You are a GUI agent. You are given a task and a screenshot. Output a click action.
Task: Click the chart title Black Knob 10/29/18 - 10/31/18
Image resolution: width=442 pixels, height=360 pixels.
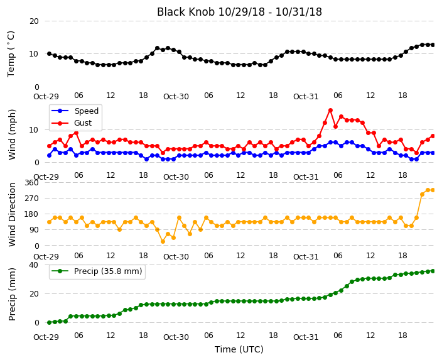pyautogui.click(x=239, y=12)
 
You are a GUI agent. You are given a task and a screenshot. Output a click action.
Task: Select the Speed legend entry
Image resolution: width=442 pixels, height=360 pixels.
pyautogui.click(x=75, y=111)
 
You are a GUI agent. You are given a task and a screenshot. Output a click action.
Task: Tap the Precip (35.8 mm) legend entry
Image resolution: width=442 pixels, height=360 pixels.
pyautogui.click(x=97, y=271)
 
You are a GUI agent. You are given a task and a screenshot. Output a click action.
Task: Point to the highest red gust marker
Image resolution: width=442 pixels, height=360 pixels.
pyautogui.click(x=330, y=111)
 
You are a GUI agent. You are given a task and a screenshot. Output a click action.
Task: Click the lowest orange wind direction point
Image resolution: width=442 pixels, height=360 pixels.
pyautogui.click(x=163, y=241)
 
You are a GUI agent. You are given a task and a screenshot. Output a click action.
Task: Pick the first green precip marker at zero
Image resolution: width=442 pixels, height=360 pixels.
pyautogui.click(x=50, y=322)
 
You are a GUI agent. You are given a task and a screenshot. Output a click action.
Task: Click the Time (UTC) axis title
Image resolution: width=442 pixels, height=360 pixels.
pyautogui.click(x=239, y=349)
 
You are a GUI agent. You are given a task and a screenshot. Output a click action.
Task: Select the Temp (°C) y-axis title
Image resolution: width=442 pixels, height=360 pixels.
pyautogui.click(x=11, y=54)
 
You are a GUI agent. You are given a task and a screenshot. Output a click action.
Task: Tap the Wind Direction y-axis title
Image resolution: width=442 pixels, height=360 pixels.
pyautogui.click(x=12, y=215)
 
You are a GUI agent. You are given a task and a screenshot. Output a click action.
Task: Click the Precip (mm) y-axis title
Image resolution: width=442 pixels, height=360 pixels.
pyautogui.click(x=12, y=294)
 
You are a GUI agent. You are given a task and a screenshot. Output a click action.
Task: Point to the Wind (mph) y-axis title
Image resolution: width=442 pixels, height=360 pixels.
pyautogui.click(x=12, y=134)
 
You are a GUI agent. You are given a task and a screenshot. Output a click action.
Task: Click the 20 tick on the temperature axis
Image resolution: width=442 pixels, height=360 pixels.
pyautogui.click(x=34, y=21)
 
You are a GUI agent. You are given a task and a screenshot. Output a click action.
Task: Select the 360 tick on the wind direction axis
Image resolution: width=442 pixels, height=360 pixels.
pyautogui.click(x=31, y=183)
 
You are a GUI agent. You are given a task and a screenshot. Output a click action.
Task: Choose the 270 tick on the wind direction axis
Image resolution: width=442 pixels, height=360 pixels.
pyautogui.click(x=31, y=199)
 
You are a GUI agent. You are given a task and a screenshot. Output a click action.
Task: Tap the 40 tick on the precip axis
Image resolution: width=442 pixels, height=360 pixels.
pyautogui.click(x=34, y=265)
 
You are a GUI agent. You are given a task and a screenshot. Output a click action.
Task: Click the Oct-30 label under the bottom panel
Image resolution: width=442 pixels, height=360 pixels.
pyautogui.click(x=176, y=337)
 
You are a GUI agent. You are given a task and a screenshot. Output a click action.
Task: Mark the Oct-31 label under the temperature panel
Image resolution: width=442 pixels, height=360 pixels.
pyautogui.click(x=306, y=97)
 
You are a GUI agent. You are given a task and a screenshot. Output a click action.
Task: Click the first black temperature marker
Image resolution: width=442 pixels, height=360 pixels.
pyautogui.click(x=50, y=53)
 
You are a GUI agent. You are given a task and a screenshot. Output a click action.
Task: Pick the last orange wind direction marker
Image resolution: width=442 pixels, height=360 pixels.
pyautogui.click(x=433, y=190)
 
